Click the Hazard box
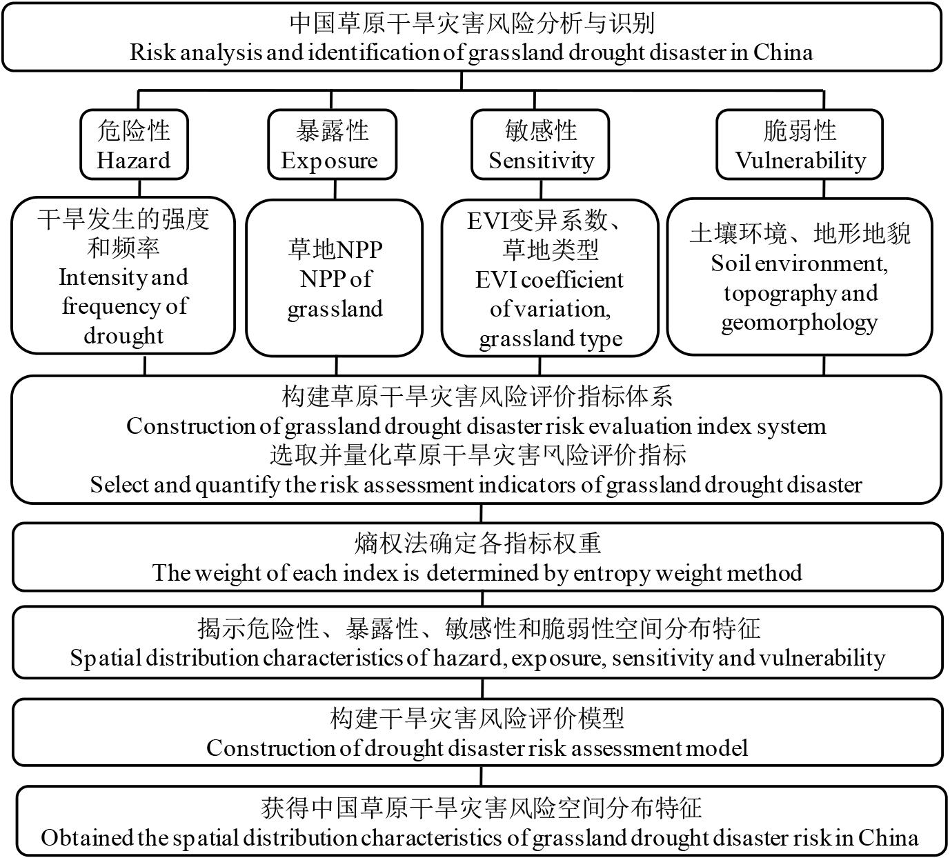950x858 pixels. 134,145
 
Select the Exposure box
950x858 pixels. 333,145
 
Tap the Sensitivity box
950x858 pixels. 540,145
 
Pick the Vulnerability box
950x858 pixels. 800,145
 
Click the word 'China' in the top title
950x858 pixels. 782,52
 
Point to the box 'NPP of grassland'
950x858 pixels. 335,278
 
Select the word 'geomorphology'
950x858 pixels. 799,322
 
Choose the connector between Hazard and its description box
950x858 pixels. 140,188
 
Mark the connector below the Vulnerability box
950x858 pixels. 824,189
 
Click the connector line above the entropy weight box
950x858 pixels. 481,513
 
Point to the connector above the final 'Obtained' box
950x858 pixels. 481,776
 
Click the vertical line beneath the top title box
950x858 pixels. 462,81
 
